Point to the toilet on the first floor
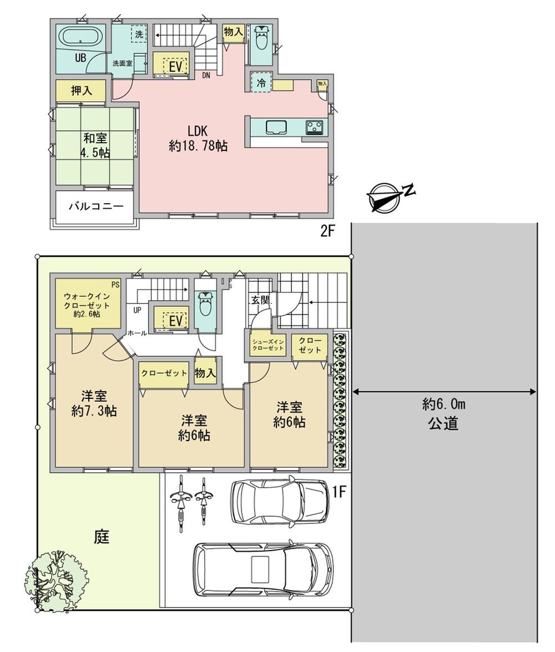(205, 304)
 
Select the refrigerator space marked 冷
(261, 83)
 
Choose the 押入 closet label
(81, 90)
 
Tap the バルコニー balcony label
(95, 207)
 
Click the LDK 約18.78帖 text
(198, 139)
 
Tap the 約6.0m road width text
(443, 405)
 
